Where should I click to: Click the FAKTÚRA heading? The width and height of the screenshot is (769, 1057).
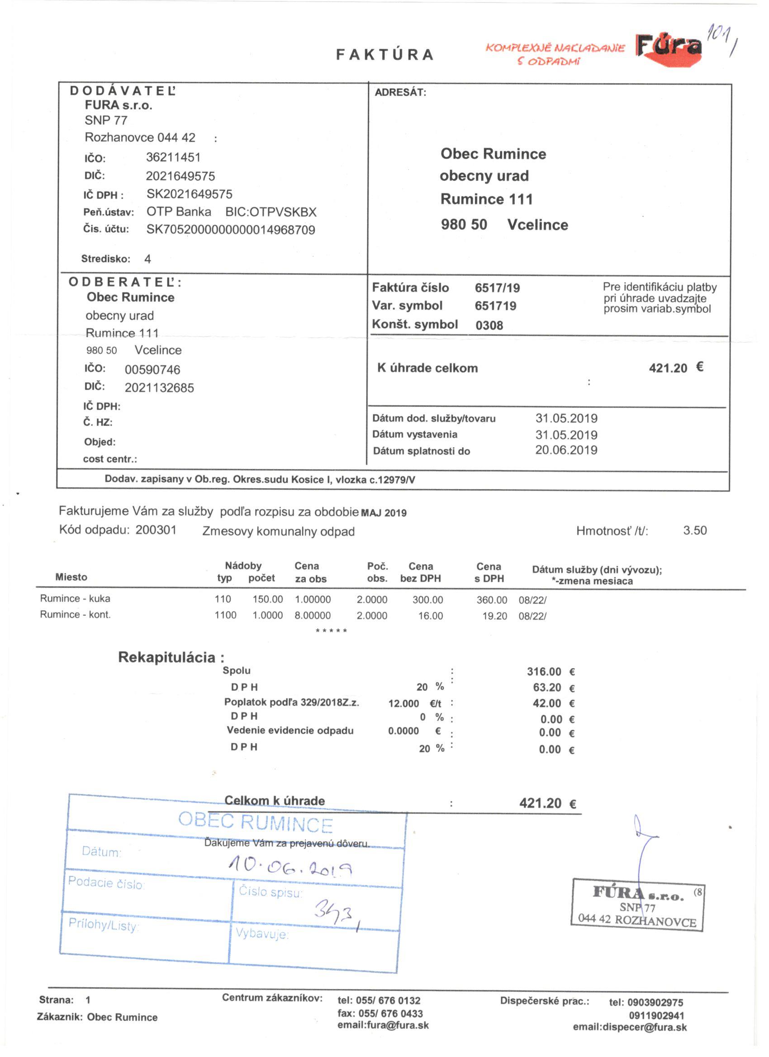pyautogui.click(x=385, y=55)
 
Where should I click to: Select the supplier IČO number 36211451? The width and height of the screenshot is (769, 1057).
pyautogui.click(x=173, y=157)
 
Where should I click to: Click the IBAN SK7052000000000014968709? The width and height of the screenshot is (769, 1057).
pyautogui.click(x=230, y=230)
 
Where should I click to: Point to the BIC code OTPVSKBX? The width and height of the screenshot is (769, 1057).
pyautogui.click(x=271, y=212)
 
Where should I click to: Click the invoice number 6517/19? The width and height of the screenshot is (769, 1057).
pyautogui.click(x=497, y=288)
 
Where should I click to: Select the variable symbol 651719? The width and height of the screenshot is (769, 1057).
pyautogui.click(x=495, y=306)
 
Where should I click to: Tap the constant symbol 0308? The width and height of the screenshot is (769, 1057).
pyautogui.click(x=489, y=325)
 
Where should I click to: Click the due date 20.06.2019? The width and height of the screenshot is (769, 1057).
pyautogui.click(x=566, y=450)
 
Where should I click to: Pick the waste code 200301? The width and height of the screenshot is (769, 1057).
pyautogui.click(x=156, y=530)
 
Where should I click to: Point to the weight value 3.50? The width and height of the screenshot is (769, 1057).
pyautogui.click(x=694, y=530)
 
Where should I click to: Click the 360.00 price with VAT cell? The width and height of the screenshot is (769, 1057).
pyautogui.click(x=492, y=600)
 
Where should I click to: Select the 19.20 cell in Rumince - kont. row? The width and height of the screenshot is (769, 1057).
pyautogui.click(x=494, y=616)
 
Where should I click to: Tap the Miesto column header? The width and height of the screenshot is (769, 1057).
pyautogui.click(x=71, y=577)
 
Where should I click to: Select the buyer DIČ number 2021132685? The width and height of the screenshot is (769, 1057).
pyautogui.click(x=159, y=388)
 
